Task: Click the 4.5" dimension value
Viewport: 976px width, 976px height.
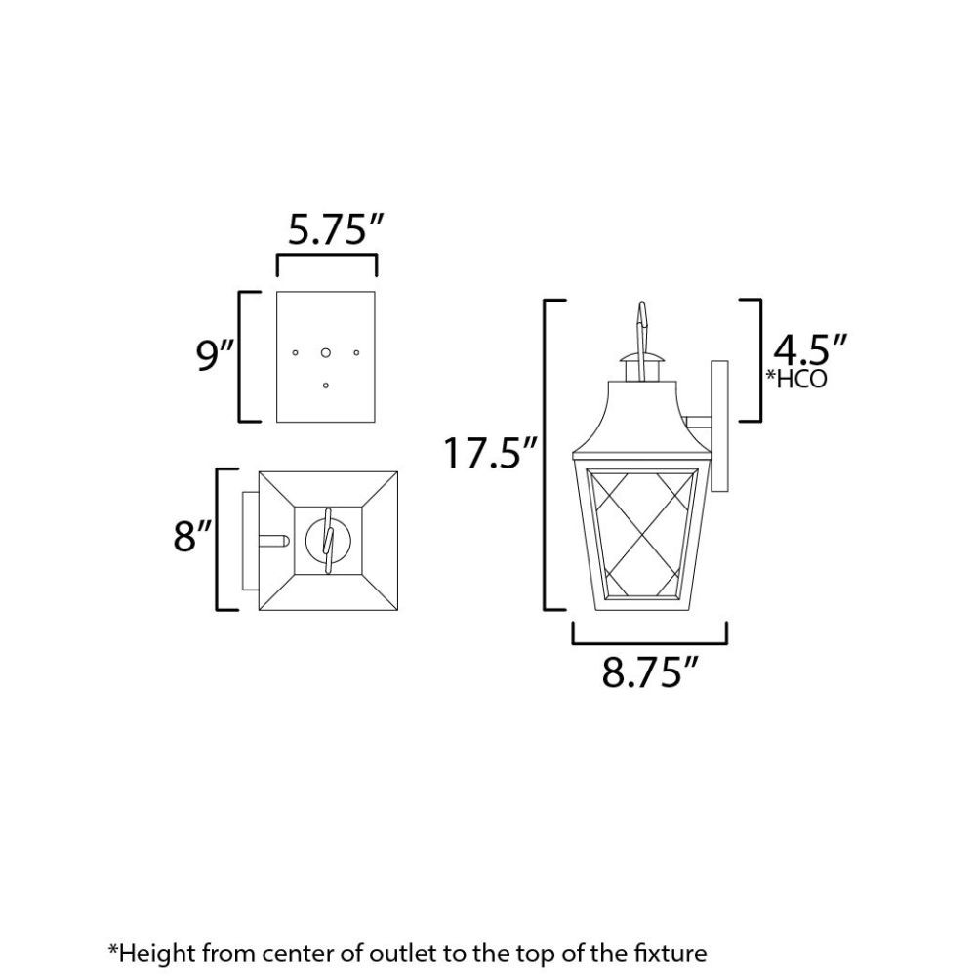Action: tap(810, 349)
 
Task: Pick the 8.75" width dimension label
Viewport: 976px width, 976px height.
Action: tap(650, 671)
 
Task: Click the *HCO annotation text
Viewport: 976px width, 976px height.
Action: tap(796, 379)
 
